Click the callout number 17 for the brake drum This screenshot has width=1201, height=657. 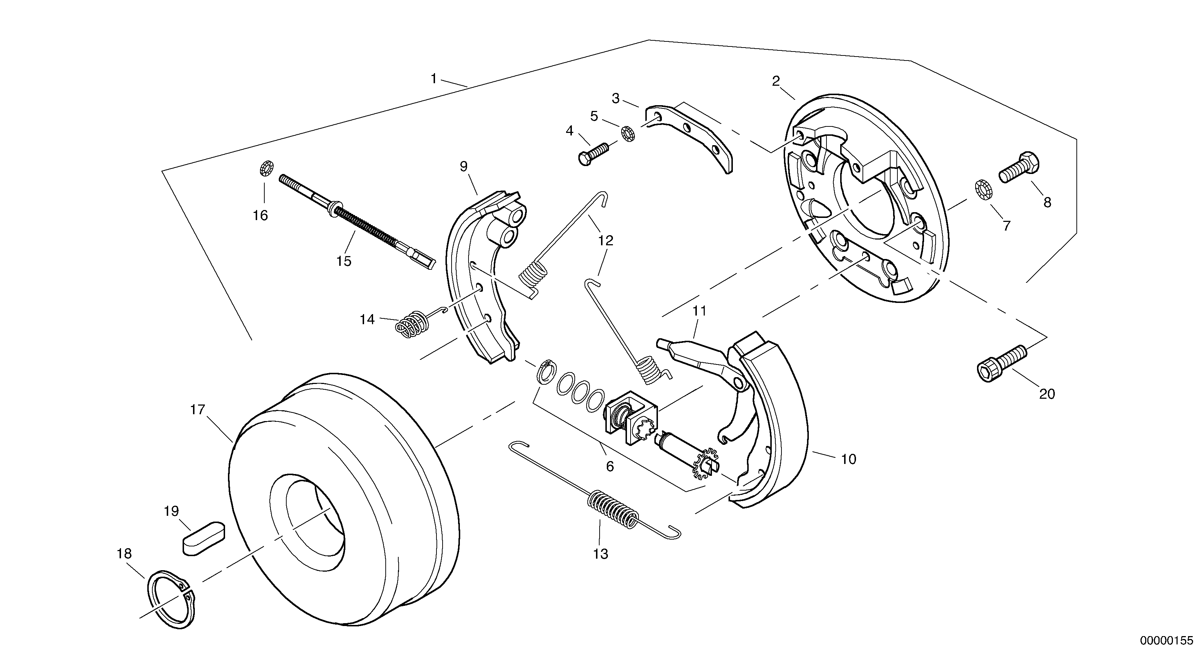(197, 410)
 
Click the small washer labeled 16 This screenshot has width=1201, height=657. (266, 168)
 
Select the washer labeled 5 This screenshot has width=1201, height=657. (628, 133)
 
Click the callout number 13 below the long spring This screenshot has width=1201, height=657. (601, 554)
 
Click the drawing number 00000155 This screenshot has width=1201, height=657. (1166, 640)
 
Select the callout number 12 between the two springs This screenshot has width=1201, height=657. (606, 241)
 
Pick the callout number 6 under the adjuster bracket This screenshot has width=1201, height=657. (610, 466)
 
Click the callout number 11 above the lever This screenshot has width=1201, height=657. (699, 311)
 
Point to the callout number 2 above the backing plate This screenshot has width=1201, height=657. (775, 81)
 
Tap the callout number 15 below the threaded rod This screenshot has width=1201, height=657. (344, 261)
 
